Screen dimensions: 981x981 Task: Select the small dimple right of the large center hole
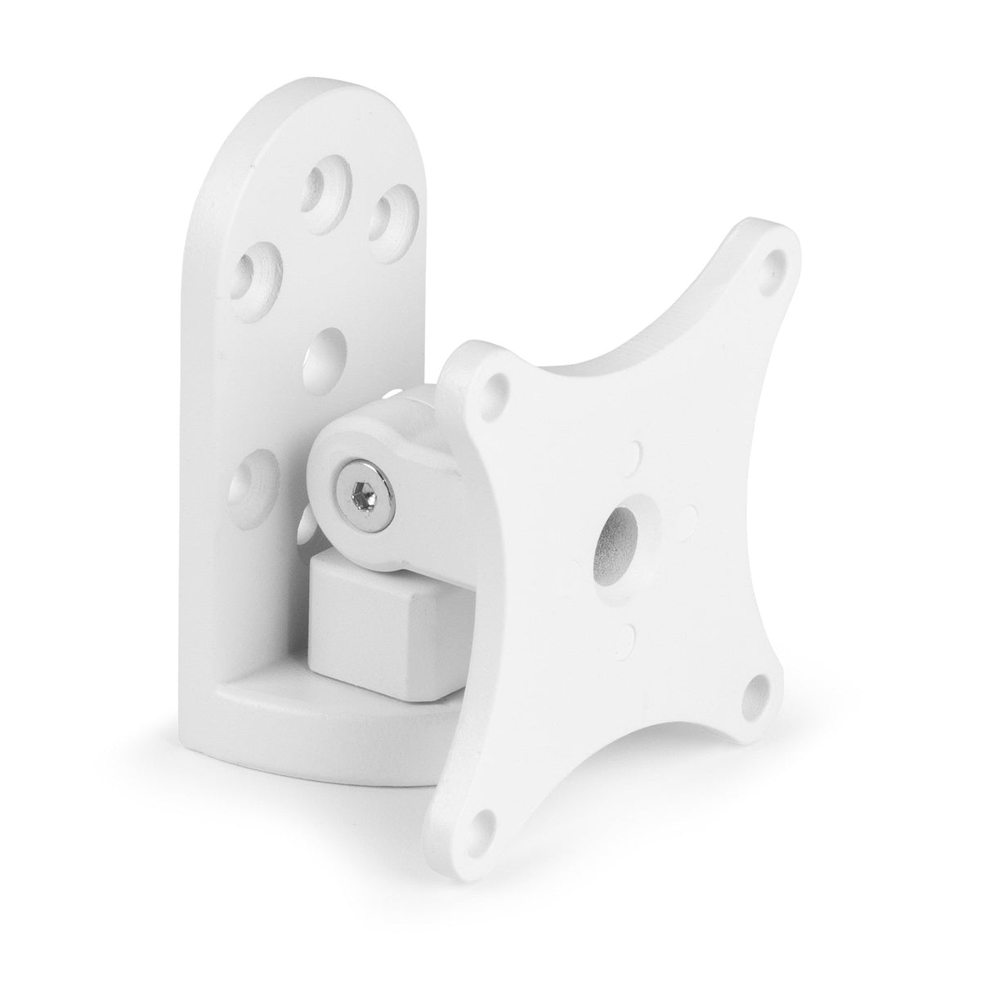pos(688,512)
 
